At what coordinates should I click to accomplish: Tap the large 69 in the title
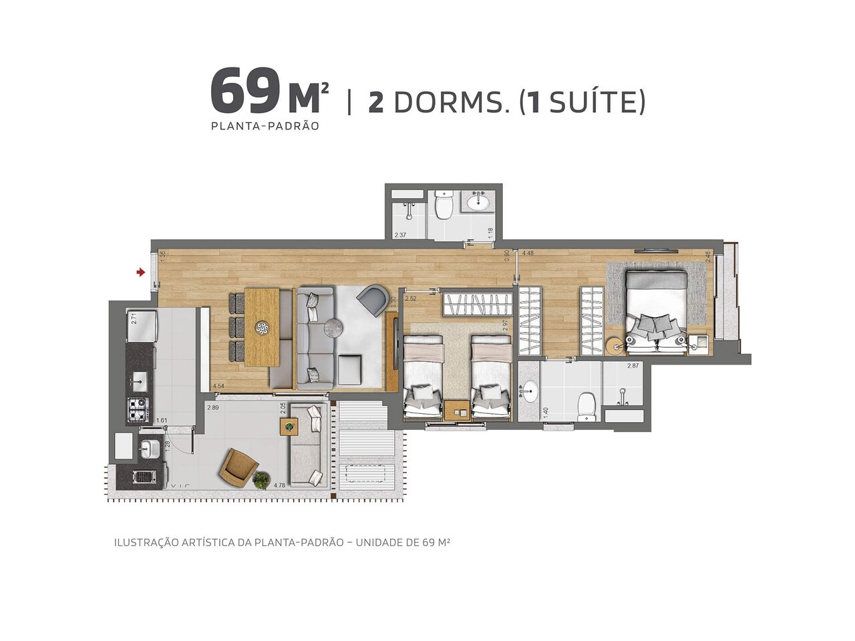(244, 91)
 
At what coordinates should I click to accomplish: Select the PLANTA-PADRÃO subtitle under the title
(265, 126)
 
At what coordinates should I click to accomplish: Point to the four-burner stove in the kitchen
(138, 408)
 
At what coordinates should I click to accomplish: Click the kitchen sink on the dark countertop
(140, 383)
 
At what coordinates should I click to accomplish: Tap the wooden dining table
(261, 327)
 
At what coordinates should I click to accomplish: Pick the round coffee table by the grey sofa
(333, 327)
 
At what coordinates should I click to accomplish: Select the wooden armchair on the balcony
(238, 466)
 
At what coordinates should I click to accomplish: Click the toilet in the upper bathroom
(444, 206)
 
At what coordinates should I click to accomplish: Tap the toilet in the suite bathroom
(586, 407)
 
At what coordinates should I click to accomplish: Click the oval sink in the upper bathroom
(478, 201)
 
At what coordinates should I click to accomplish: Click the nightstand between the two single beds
(458, 411)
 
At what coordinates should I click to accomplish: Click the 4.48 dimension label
(528, 253)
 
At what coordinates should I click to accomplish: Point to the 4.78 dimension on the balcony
(279, 485)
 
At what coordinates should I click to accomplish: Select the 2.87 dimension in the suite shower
(633, 366)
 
